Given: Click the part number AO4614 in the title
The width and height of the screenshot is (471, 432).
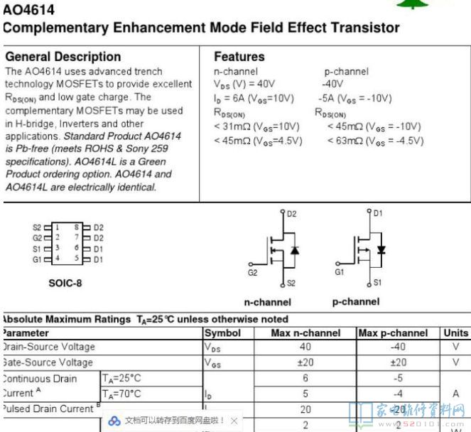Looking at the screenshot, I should (x=28, y=11).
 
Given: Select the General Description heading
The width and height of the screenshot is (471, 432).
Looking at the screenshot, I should (x=63, y=57).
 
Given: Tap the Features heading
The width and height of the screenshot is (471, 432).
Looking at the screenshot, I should (x=239, y=57).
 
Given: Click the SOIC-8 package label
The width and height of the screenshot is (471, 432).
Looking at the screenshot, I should (x=65, y=283).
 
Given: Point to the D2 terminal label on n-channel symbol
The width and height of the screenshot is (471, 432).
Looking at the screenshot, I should (x=292, y=213).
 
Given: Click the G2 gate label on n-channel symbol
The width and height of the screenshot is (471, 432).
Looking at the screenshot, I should (x=252, y=273).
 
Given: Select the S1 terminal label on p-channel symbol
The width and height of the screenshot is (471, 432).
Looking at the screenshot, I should (x=377, y=282).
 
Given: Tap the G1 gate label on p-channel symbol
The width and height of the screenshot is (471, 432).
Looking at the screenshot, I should (x=340, y=272).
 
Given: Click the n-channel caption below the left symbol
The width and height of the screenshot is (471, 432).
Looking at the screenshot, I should (x=267, y=302).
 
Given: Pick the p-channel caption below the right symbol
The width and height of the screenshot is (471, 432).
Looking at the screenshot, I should (x=355, y=302).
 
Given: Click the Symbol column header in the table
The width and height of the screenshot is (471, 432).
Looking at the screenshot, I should (x=223, y=333).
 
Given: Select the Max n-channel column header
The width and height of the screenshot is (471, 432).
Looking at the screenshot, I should (x=305, y=333).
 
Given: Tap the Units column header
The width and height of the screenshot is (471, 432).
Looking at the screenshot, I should (x=455, y=333).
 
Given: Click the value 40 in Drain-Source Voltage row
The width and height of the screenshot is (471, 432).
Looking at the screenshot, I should (x=305, y=347).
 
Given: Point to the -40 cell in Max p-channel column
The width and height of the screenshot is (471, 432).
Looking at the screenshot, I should (x=397, y=347).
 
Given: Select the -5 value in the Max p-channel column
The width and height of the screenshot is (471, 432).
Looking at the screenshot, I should (x=397, y=379).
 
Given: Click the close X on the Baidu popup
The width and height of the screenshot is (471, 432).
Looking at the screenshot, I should (x=234, y=421).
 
